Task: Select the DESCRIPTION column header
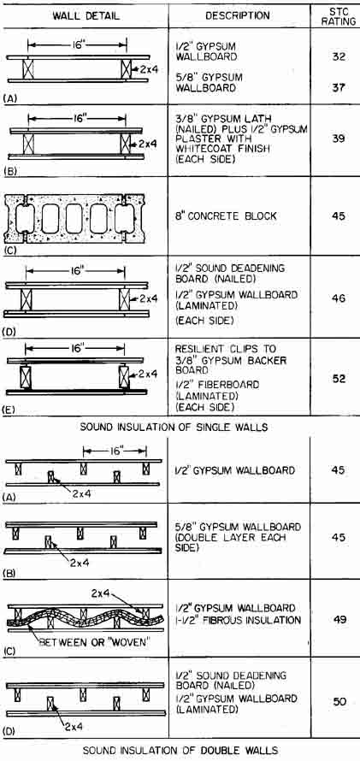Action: point(238,16)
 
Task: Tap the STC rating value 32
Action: point(339,56)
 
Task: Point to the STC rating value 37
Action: point(339,88)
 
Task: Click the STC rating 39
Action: point(339,139)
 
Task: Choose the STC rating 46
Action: point(339,298)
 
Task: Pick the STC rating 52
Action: point(339,379)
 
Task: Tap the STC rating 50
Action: point(339,702)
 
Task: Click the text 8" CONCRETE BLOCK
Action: point(226,216)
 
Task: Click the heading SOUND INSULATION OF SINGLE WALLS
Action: point(180,428)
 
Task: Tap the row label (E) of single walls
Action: point(9,409)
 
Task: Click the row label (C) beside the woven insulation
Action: point(9,652)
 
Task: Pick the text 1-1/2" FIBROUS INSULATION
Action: point(239,620)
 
